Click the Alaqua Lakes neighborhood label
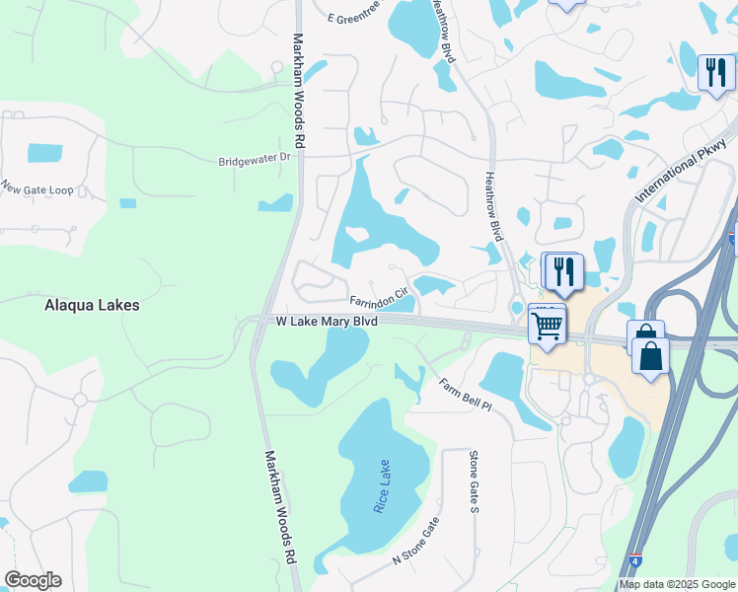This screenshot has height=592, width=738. coord(92,306)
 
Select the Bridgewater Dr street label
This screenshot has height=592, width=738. coord(256,158)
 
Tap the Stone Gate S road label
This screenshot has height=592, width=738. coord(474,481)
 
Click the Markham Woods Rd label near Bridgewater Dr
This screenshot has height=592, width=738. coord(299,91)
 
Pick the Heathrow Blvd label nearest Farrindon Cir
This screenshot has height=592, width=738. coord(494,206)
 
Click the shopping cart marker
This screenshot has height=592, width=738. coord(548,323)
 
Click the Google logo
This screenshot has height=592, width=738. coord(33,580)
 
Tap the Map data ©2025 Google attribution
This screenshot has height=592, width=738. coord(677,584)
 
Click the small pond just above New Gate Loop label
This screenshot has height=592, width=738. coord(43,153)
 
